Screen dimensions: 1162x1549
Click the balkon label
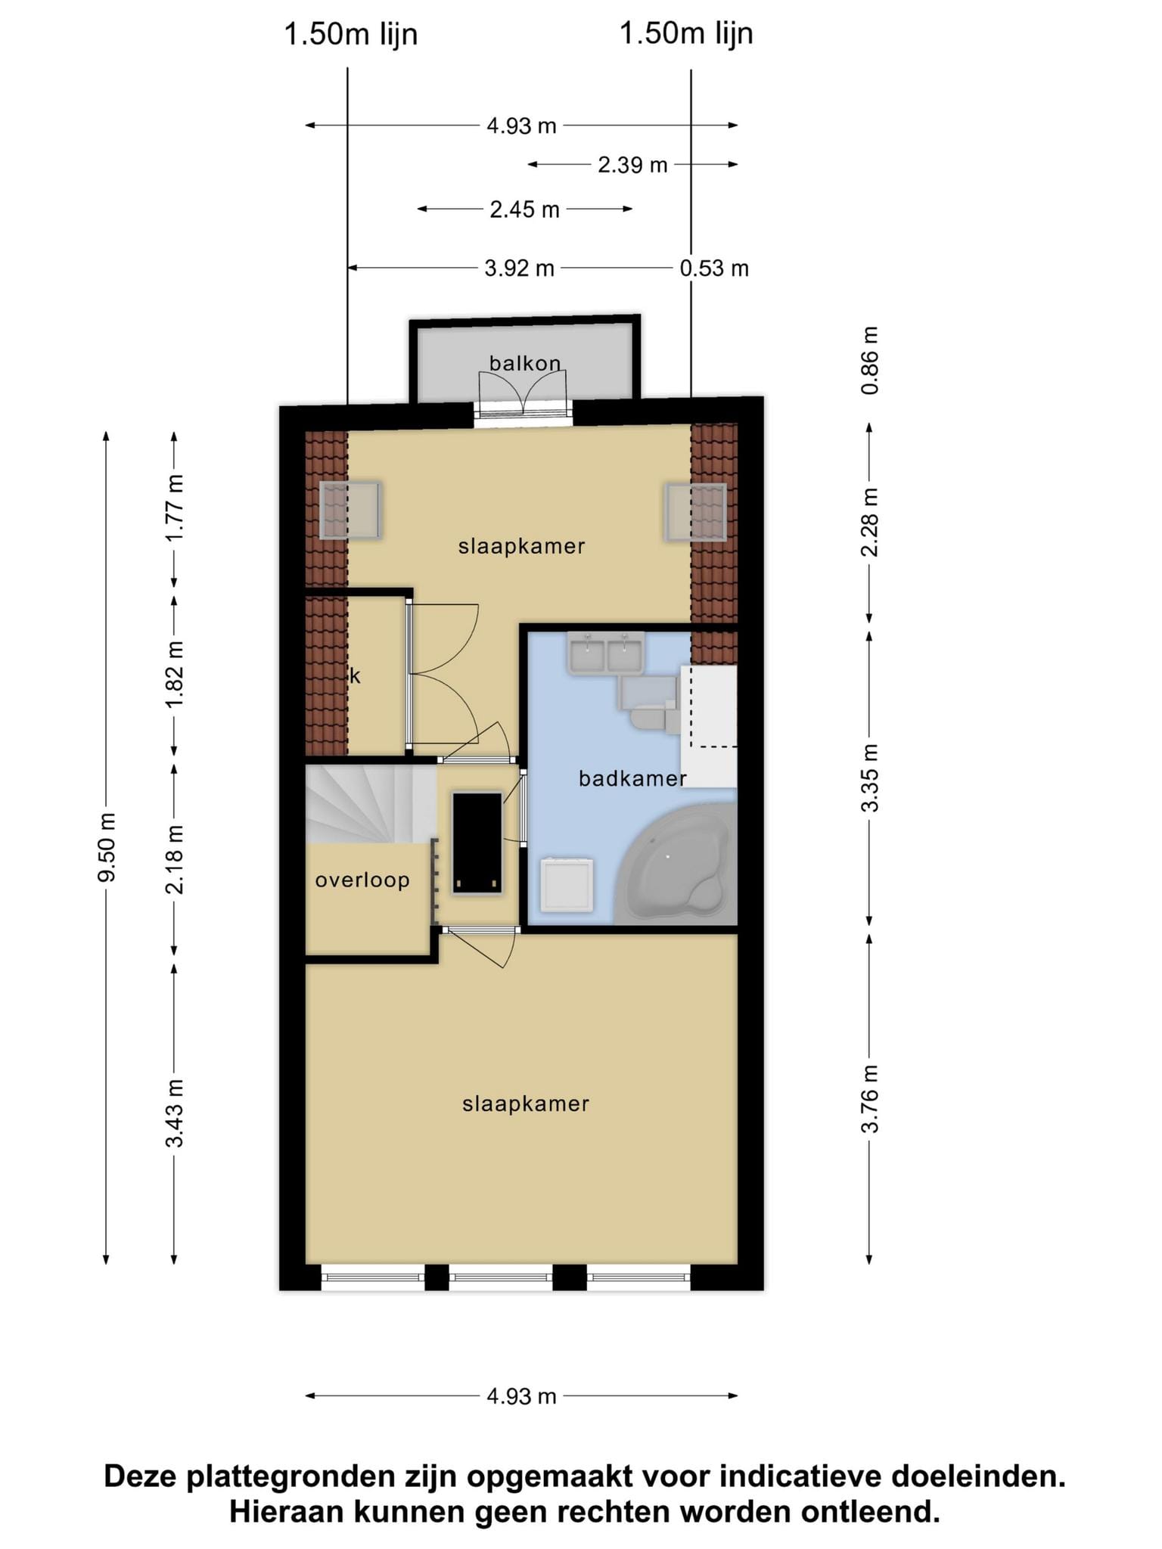point(525,364)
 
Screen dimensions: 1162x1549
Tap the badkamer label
point(632,778)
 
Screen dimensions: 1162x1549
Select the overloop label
point(362,880)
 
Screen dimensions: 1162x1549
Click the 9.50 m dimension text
point(107,847)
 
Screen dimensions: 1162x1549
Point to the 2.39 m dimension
point(632,165)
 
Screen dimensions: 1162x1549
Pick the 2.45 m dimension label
point(524,210)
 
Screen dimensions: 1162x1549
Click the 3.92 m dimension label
point(519,269)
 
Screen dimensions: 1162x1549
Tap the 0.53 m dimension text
point(714,269)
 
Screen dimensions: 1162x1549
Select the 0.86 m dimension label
point(870,360)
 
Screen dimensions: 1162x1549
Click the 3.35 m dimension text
point(870,778)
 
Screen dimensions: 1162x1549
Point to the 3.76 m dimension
point(870,1098)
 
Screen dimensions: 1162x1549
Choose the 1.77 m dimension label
point(175,508)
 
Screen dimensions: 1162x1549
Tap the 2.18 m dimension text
point(175,859)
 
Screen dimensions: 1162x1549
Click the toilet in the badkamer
point(651,707)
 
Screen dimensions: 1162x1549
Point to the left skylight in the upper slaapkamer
point(350,511)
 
